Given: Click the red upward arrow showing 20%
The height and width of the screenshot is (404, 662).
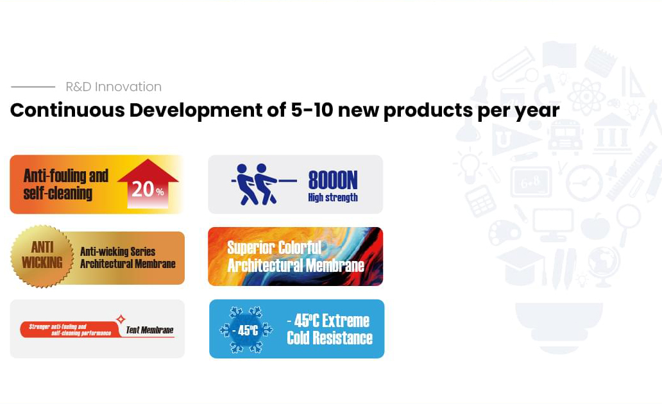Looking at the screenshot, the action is click(x=148, y=184).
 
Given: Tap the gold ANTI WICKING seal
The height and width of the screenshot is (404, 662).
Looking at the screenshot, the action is click(x=42, y=257).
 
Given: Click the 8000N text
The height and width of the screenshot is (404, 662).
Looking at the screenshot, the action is click(x=333, y=180).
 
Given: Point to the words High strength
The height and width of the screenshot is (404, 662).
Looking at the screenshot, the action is click(x=333, y=197).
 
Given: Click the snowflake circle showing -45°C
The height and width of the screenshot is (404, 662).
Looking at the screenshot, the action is click(x=246, y=330).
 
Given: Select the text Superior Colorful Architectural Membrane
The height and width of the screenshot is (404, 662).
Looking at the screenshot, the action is click(x=296, y=257).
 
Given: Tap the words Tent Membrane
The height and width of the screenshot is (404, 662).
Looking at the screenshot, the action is click(x=149, y=330).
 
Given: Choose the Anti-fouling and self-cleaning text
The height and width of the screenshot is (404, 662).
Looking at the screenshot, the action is click(x=66, y=184).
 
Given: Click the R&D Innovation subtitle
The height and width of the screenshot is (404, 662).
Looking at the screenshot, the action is click(x=114, y=87).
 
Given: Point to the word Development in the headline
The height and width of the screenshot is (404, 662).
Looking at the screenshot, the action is click(x=196, y=110).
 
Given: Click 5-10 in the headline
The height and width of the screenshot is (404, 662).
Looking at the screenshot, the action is click(x=312, y=110).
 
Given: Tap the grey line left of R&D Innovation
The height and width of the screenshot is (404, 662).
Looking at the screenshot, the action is click(x=33, y=87).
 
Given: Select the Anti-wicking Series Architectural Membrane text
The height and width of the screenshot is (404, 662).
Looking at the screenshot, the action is click(x=128, y=258).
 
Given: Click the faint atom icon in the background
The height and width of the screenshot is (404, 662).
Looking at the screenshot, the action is click(x=586, y=96).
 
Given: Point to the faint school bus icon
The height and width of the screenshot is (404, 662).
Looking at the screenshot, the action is click(x=565, y=136).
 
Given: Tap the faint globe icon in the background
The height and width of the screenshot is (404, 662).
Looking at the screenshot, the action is click(x=604, y=266).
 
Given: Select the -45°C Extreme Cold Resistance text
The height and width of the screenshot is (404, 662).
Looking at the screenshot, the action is click(x=329, y=329).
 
